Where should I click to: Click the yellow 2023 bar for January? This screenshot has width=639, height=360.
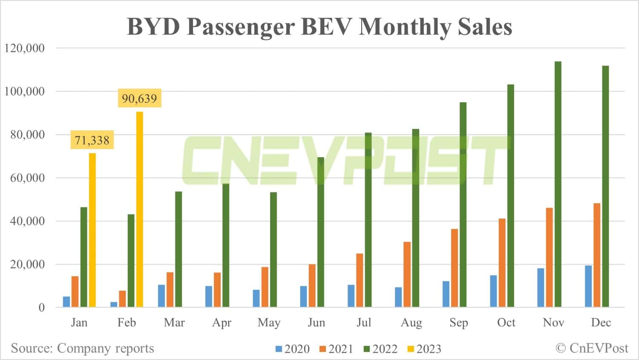[92, 230]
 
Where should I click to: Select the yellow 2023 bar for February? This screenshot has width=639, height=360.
[139, 209]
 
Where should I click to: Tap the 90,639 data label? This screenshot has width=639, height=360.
[139, 98]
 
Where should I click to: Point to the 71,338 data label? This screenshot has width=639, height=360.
[92, 140]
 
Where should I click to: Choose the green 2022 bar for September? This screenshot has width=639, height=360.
[463, 204]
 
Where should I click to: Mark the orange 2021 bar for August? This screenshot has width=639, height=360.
[407, 274]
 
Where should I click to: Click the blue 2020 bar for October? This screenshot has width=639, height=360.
[493, 291]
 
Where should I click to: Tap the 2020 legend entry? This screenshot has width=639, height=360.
[293, 349]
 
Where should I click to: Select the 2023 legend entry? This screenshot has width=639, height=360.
[424, 349]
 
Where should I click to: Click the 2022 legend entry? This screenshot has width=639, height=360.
[380, 349]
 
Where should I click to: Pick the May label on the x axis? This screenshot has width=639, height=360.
[269, 323]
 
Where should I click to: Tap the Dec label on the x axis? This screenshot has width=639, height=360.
[601, 323]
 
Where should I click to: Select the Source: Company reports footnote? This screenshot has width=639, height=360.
[82, 348]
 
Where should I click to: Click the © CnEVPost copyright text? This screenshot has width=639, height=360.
[592, 348]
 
